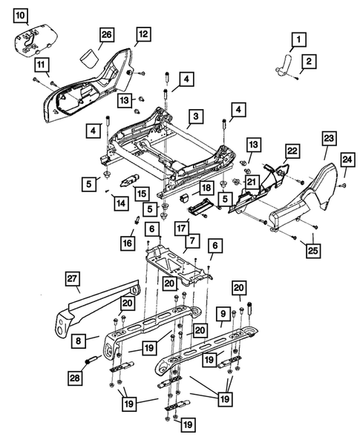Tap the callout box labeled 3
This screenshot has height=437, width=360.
(x=194, y=116)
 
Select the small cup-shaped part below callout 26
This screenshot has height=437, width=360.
(x=89, y=58)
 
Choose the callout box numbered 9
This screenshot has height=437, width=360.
(x=221, y=315)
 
